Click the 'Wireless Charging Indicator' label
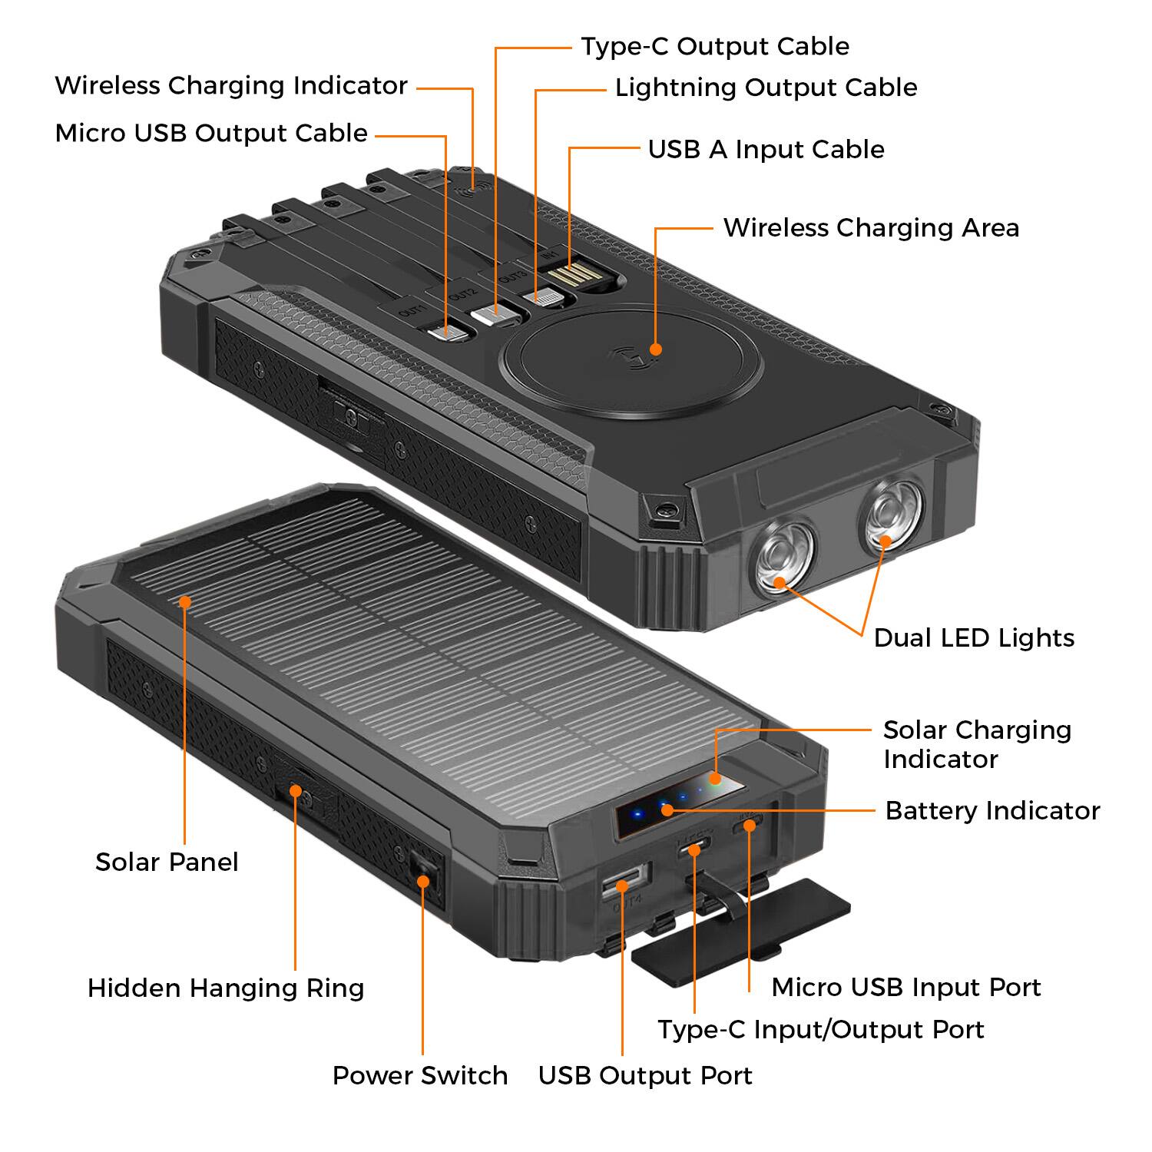tap(230, 85)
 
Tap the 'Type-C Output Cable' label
tap(714, 46)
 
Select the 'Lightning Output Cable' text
tap(766, 88)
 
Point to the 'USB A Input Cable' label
tap(766, 149)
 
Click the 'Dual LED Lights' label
tap(974, 637)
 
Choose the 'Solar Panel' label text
tap(167, 862)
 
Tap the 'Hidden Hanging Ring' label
tap(226, 988)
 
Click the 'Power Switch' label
tap(420, 1075)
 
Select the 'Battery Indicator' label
tap(992, 810)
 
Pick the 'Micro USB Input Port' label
tap(906, 987)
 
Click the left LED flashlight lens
tap(782, 557)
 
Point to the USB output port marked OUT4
tap(624, 881)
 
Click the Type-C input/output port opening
tap(694, 849)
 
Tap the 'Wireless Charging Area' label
tap(871, 227)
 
